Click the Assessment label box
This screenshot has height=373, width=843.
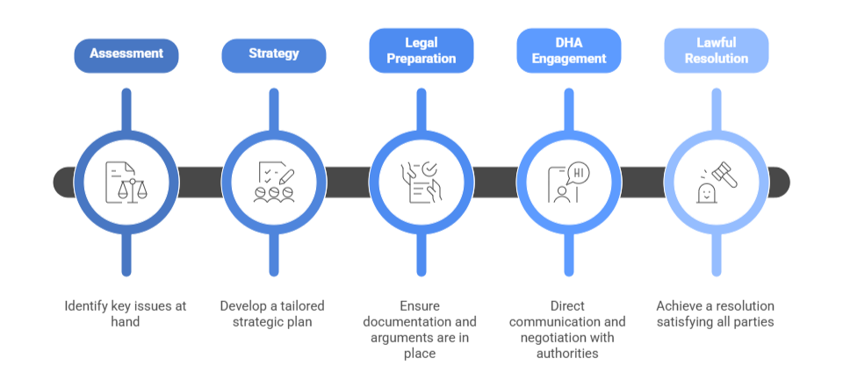click(126, 54)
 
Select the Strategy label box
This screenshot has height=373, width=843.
click(274, 54)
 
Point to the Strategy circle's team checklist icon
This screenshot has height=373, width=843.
click(274, 182)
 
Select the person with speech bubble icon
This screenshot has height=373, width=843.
click(569, 182)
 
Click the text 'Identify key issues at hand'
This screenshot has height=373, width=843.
click(126, 313)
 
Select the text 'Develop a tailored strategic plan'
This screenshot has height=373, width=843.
click(274, 313)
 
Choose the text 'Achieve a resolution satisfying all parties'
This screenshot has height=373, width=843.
click(717, 313)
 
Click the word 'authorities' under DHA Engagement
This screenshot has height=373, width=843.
click(569, 353)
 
